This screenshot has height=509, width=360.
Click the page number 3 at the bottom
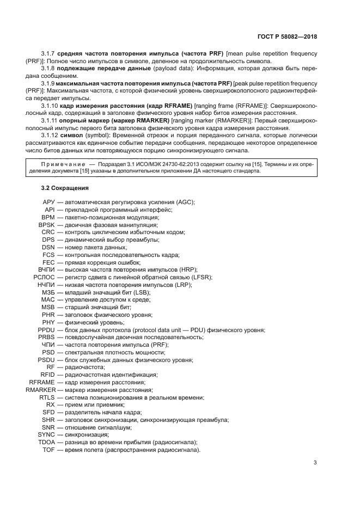tap(316, 463)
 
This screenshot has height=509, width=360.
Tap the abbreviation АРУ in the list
tap(48, 202)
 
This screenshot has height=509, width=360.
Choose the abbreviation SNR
tap(47, 427)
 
